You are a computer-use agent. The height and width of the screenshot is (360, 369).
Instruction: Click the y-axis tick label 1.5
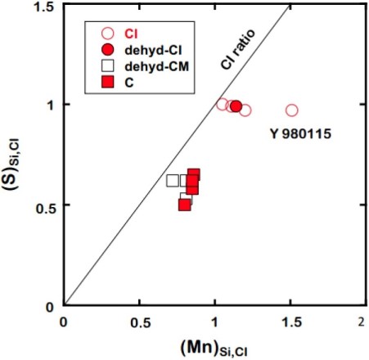tap(46, 7)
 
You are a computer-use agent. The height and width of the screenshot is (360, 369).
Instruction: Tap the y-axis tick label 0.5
tap(46, 205)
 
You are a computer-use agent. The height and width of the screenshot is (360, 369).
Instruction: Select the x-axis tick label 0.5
tap(140, 320)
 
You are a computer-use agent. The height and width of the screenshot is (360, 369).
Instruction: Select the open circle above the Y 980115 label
tap(292, 110)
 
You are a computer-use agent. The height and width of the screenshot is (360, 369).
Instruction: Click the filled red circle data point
tap(236, 106)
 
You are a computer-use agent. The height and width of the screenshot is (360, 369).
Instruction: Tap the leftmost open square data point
tap(172, 181)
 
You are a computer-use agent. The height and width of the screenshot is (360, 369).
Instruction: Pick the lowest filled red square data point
tap(185, 204)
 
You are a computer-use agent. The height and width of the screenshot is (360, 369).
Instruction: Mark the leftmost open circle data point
tap(223, 104)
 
